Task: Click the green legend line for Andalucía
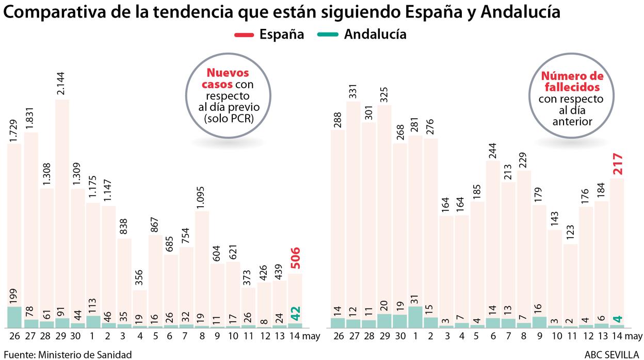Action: [324, 35]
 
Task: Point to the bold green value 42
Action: [295, 314]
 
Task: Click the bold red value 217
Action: [617, 165]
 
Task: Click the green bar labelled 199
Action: [14, 317]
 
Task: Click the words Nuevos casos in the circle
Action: [228, 79]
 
